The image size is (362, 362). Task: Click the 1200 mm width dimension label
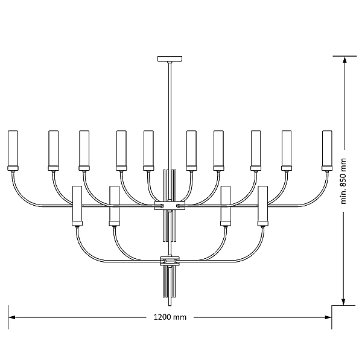(x=170, y=317)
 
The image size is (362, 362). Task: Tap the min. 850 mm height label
(x=343, y=181)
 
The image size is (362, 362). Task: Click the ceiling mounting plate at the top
(x=170, y=59)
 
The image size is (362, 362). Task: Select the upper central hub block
(x=170, y=206)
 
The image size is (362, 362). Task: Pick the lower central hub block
(x=170, y=261)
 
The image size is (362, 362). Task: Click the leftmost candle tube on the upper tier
(x=13, y=148)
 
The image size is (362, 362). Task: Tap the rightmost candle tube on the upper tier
(x=327, y=148)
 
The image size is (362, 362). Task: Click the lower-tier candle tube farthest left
(x=77, y=203)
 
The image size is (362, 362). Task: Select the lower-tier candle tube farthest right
(x=262, y=203)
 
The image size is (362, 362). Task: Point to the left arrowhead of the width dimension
(x=12, y=317)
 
